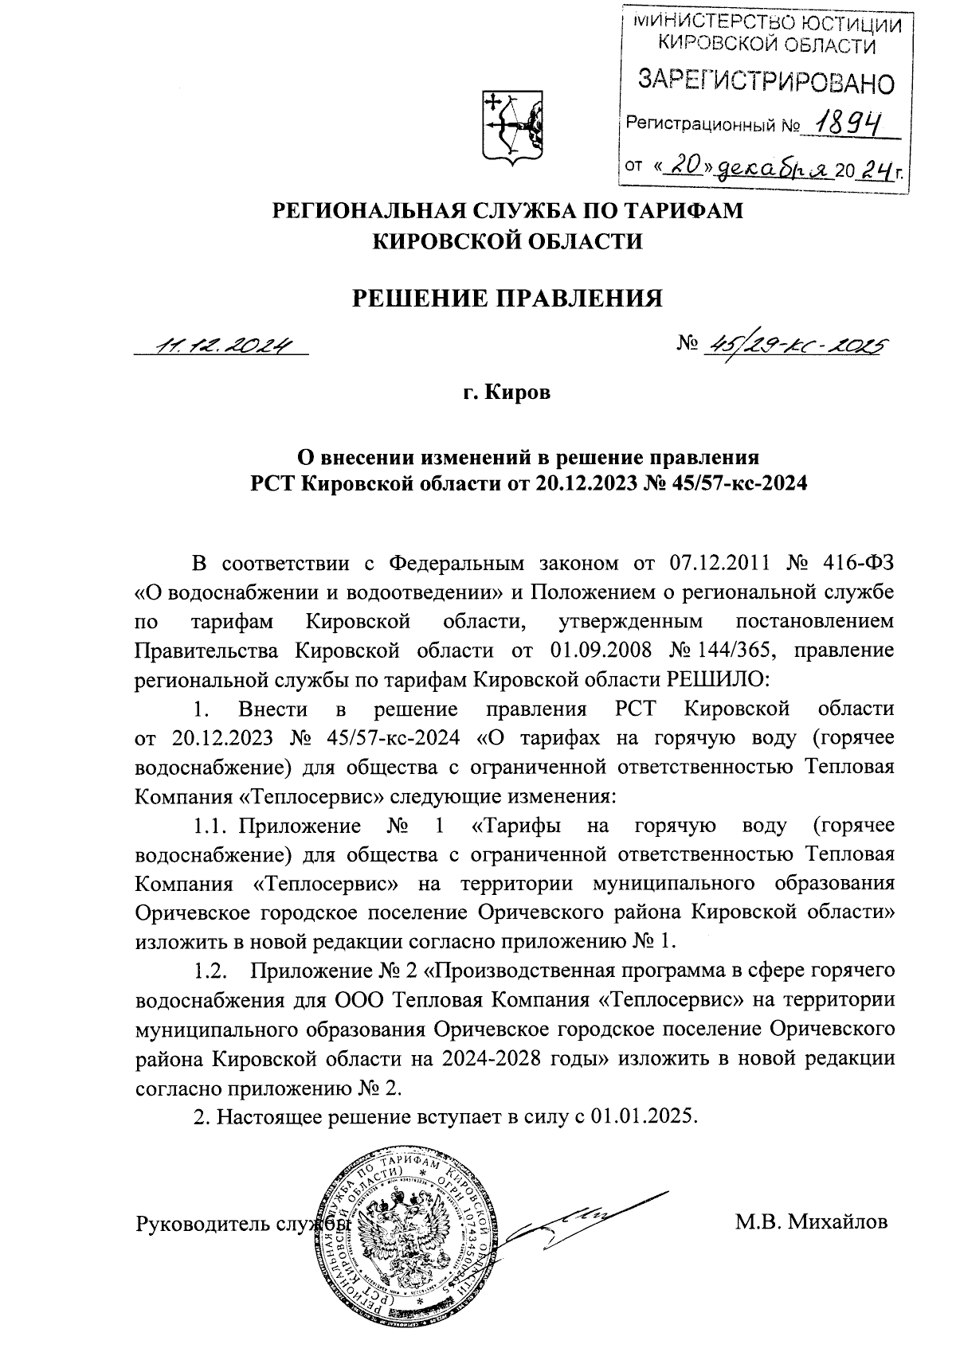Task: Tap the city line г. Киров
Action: (x=508, y=393)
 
